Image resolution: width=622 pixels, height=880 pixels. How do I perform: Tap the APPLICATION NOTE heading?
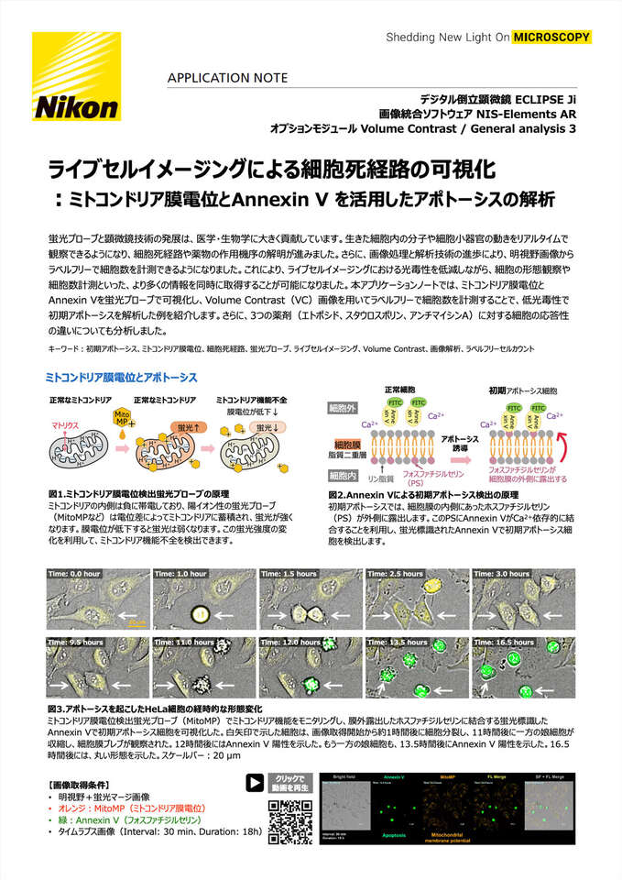[x=227, y=78]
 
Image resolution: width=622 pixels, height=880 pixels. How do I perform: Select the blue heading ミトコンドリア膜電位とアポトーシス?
[x=121, y=377]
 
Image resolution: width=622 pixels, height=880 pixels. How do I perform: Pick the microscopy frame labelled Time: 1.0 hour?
[x=203, y=599]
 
